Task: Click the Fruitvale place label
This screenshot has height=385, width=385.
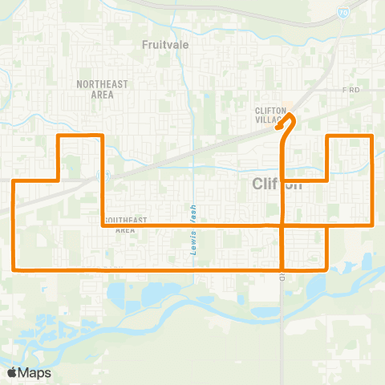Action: tap(165, 45)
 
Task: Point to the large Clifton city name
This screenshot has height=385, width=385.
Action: tap(278, 184)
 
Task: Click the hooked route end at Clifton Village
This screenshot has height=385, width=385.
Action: tap(278, 127)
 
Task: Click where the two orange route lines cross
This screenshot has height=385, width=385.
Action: tap(283, 226)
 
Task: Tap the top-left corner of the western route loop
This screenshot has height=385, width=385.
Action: tap(59, 136)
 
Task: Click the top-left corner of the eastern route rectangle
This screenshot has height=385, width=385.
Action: tap(326, 137)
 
